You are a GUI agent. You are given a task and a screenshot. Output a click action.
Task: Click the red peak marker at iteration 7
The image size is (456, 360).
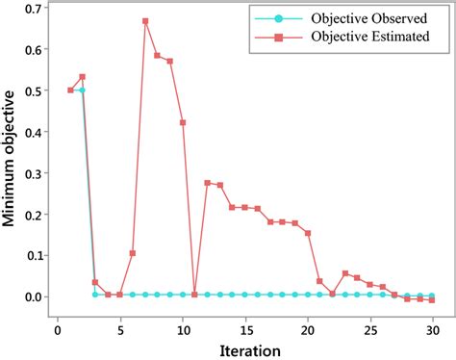point(145,21)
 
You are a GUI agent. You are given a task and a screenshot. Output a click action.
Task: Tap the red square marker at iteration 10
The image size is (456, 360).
point(183,123)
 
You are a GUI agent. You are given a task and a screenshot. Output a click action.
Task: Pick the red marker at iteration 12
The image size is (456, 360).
point(208,183)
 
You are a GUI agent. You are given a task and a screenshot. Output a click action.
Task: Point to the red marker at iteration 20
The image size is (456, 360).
point(308,233)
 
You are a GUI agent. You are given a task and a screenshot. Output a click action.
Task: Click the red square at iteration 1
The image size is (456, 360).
point(70,90)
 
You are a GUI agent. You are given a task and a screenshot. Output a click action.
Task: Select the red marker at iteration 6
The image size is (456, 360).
point(133,253)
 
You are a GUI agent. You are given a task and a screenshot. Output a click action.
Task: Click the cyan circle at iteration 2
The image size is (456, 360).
point(83,90)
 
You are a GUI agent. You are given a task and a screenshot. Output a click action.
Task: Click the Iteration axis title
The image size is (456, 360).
point(247,347)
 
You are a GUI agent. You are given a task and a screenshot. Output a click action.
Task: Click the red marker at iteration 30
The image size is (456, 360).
point(432,300)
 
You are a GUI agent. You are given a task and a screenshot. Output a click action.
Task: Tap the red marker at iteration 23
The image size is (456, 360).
point(345,274)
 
